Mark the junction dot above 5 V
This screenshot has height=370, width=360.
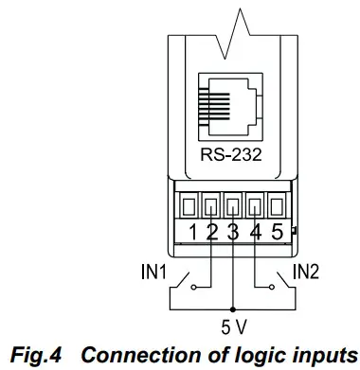pyautogui.click(x=233, y=308)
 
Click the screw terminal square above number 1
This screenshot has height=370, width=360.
pyautogui.click(x=191, y=205)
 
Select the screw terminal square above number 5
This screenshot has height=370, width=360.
pyautogui.click(x=275, y=205)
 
